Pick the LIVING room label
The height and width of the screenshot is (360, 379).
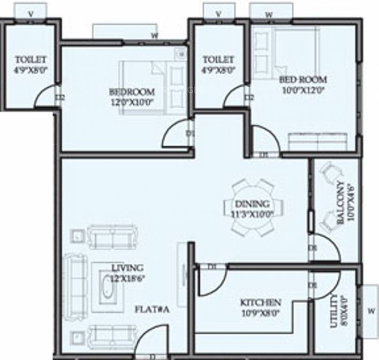127,272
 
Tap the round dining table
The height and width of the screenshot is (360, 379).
253,207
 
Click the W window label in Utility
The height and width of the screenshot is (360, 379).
370,311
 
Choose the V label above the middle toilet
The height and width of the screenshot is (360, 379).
219,14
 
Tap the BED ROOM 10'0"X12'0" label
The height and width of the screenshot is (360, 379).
303,83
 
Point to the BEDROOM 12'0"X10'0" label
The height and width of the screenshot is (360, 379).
131,96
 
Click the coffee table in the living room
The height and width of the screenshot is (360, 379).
107,287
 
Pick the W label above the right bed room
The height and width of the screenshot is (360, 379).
269,14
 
